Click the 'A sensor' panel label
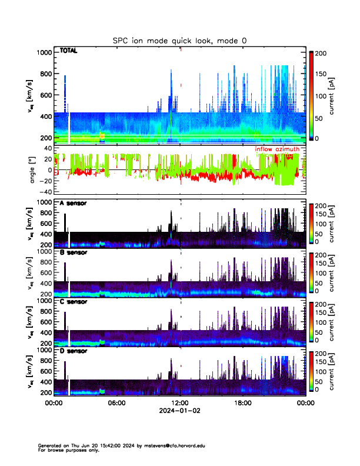click(x=72, y=204)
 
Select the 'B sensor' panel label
click(x=72, y=253)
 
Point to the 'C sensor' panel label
click(x=72, y=302)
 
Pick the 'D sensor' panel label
click(x=72, y=351)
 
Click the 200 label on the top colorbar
click(x=321, y=53)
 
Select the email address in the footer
click(x=176, y=446)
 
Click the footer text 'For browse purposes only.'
click(x=69, y=450)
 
